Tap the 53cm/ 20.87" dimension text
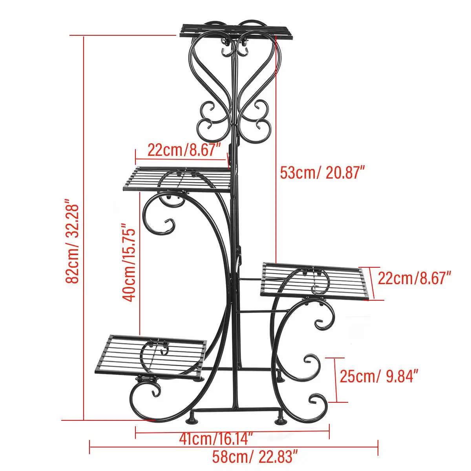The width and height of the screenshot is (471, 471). click(320, 172)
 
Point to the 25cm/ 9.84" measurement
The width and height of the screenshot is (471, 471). click(378, 377)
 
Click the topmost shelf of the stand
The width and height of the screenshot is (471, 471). click(237, 31)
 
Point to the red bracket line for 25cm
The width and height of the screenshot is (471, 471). click(336, 380)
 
